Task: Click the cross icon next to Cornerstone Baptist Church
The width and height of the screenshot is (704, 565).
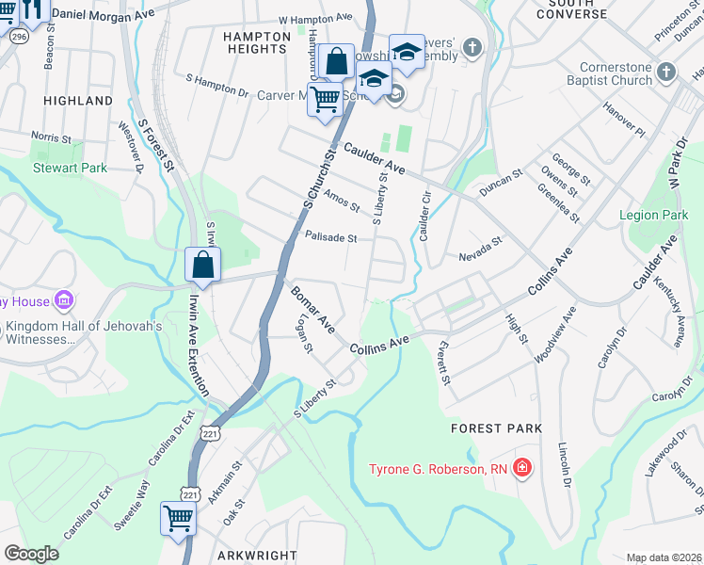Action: [666, 73]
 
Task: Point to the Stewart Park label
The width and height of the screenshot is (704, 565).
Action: [70, 169]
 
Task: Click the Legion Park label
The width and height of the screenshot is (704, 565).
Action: [653, 216]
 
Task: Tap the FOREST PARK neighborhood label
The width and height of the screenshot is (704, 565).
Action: [496, 428]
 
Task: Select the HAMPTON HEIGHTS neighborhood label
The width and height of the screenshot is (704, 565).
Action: [256, 43]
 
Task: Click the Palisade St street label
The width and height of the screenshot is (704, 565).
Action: [330, 237]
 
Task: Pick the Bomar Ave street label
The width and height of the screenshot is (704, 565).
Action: [312, 310]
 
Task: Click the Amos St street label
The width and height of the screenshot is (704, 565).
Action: [341, 200]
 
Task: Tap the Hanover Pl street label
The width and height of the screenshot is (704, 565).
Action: [626, 126]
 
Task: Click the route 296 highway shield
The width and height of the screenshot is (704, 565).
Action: [17, 36]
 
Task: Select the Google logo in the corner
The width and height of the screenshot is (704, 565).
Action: [31, 553]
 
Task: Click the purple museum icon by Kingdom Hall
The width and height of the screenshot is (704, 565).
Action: [64, 301]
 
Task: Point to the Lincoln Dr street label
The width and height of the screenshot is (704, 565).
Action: [566, 467]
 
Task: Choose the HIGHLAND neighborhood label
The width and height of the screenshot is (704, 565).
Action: [78, 100]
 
